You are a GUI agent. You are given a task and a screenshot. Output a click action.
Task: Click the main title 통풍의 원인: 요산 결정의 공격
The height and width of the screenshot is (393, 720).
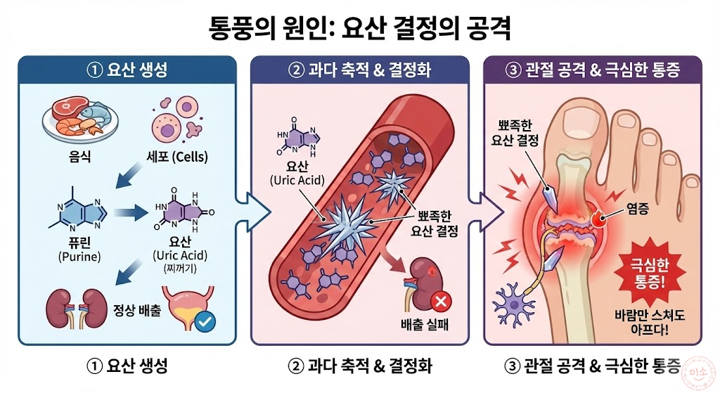(359, 29)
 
